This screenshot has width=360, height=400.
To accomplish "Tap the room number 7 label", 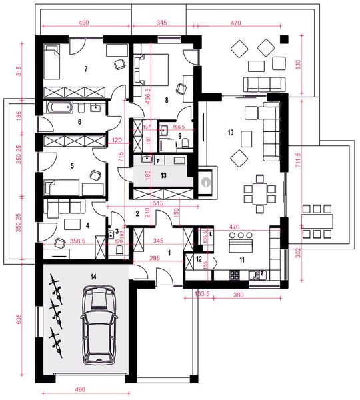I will (86, 69).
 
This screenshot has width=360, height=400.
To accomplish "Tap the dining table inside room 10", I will (259, 192).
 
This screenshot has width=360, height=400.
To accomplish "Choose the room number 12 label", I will (199, 258).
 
